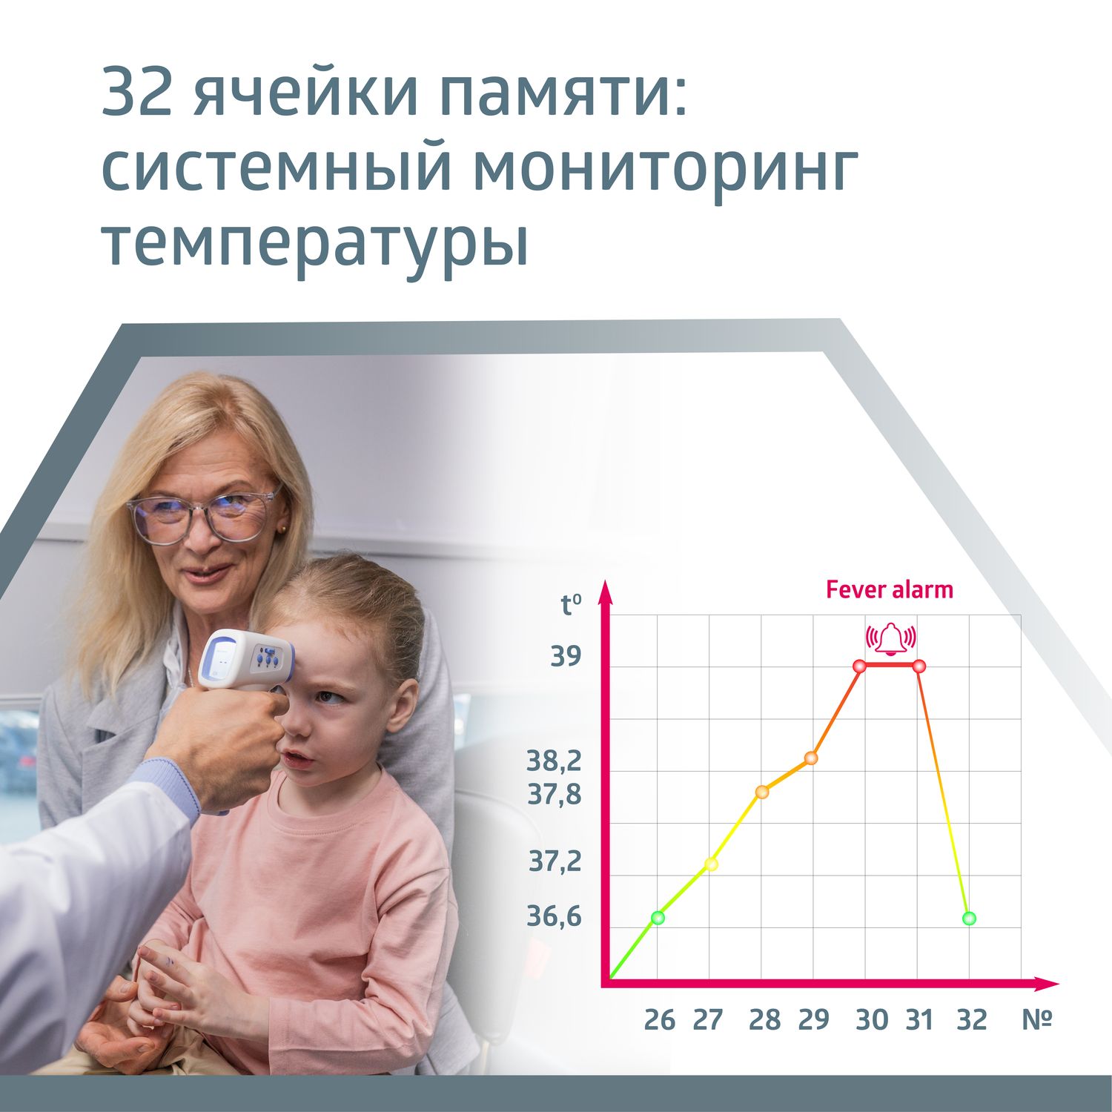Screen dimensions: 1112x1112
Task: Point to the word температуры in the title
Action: (315, 245)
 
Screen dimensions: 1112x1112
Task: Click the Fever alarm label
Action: (889, 590)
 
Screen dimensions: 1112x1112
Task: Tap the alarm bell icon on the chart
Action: (891, 638)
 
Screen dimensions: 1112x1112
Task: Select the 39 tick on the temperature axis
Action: (566, 657)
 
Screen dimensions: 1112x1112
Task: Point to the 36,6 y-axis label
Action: (555, 917)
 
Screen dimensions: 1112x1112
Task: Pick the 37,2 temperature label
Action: (555, 861)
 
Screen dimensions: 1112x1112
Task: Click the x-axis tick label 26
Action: (660, 1021)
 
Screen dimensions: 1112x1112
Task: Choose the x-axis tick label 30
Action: (872, 1021)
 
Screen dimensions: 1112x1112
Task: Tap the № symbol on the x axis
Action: (1037, 1021)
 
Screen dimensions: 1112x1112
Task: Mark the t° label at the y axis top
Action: (571, 605)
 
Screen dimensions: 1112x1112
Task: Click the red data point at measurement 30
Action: (860, 666)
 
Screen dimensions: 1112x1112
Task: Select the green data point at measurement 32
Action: (969, 919)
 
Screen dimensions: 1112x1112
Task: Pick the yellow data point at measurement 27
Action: (711, 864)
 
